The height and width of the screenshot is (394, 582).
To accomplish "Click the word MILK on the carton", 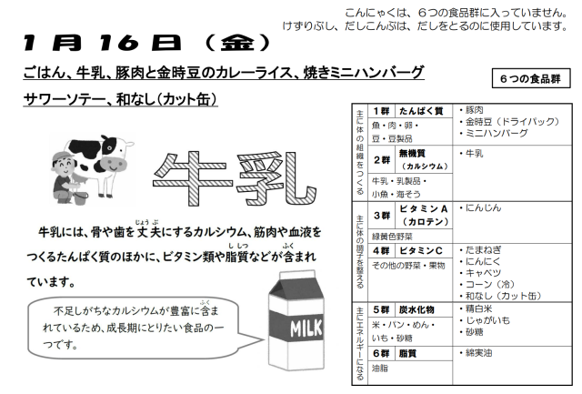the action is click(x=306, y=328).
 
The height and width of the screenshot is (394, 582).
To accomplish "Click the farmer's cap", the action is click(x=60, y=157).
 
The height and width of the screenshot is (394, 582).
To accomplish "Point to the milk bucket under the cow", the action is click(x=80, y=197).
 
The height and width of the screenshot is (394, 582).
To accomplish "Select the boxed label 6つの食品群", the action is click(x=531, y=78).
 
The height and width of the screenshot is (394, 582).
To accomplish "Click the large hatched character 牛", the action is click(x=193, y=178).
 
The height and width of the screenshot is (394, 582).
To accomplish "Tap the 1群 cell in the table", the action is click(x=381, y=111).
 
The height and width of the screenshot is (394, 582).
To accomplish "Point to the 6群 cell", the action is click(x=381, y=354).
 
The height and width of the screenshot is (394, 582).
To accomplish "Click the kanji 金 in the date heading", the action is click(x=237, y=43).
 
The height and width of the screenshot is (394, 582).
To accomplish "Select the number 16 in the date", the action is click(x=119, y=43).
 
